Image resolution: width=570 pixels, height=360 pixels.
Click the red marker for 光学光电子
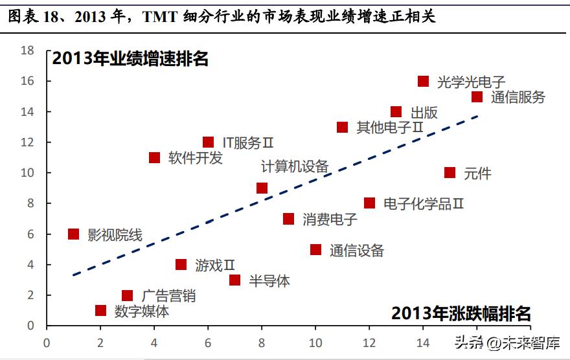423,81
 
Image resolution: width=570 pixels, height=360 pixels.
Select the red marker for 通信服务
477,96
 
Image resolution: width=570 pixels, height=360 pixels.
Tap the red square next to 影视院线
73,234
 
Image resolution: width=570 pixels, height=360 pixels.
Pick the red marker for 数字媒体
100,310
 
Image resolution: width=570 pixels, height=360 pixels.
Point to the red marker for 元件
450,173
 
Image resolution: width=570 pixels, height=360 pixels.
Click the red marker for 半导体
234,280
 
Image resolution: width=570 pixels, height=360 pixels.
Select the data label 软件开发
195,158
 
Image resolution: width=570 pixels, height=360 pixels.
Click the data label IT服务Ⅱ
247,142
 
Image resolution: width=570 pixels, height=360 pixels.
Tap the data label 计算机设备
295,166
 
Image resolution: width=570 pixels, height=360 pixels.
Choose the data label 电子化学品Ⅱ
424,203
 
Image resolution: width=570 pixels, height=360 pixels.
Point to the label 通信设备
356,250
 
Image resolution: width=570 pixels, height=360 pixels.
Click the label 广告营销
168,296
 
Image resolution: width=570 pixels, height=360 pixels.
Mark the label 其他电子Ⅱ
390,127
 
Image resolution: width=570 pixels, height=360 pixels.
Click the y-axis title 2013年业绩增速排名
130,58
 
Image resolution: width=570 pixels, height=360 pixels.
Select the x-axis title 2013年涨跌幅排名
461,314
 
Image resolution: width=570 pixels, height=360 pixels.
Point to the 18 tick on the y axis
27,51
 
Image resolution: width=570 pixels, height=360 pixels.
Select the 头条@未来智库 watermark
507,343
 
